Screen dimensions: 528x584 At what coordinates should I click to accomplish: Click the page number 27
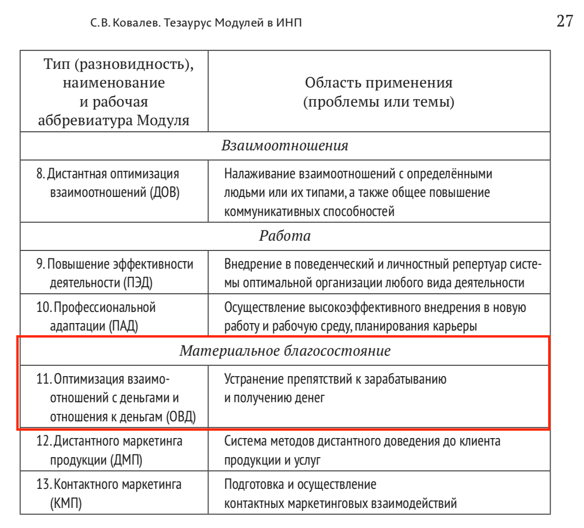point(564,21)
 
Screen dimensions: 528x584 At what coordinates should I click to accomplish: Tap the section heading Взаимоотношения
point(285,146)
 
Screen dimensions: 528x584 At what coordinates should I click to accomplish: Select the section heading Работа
point(285,236)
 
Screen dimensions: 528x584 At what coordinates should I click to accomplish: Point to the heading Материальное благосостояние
point(285,351)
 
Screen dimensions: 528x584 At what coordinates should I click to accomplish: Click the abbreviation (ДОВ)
point(164,193)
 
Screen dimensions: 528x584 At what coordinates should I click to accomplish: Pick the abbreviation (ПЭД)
point(138,283)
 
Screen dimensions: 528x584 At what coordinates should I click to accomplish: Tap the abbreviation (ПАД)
point(123,326)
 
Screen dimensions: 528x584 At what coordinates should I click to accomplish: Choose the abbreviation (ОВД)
point(181,417)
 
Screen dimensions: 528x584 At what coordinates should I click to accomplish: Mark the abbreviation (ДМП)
point(126,460)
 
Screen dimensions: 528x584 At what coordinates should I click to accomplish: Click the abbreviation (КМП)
point(66,503)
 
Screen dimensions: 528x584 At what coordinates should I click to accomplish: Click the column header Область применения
point(378,83)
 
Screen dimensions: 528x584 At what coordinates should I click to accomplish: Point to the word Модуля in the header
point(163,121)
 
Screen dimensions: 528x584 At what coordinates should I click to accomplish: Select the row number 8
point(40,174)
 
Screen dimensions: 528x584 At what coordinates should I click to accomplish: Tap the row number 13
point(43,485)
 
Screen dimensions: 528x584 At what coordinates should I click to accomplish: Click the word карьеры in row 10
point(455,326)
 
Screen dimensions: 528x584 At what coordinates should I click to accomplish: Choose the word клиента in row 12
point(480,441)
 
